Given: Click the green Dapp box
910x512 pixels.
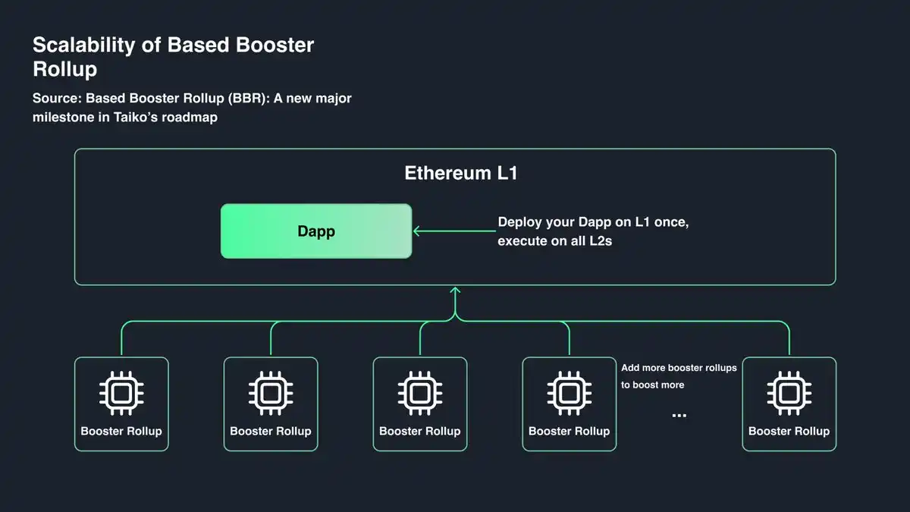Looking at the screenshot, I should click(315, 231).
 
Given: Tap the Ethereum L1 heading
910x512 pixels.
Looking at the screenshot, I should click(460, 173).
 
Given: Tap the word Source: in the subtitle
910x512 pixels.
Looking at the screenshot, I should click(57, 99).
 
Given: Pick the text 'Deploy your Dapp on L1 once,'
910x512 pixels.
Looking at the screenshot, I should click(593, 223).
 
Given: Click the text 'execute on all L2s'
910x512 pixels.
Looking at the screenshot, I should click(554, 242).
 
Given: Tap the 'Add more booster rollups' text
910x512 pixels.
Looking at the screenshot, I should click(679, 368).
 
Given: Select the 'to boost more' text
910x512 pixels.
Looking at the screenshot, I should click(652, 385).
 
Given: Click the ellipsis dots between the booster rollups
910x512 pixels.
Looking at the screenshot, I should click(679, 415).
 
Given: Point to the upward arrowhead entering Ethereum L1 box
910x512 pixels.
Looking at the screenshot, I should click(455, 291).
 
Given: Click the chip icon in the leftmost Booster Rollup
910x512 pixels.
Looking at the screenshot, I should click(121, 393).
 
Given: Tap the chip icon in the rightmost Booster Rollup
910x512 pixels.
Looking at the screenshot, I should click(789, 393).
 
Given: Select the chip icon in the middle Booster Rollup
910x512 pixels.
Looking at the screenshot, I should click(419, 393).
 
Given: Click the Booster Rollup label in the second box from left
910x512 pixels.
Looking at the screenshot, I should click(271, 431).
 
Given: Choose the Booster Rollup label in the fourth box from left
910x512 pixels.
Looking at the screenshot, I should click(569, 431).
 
